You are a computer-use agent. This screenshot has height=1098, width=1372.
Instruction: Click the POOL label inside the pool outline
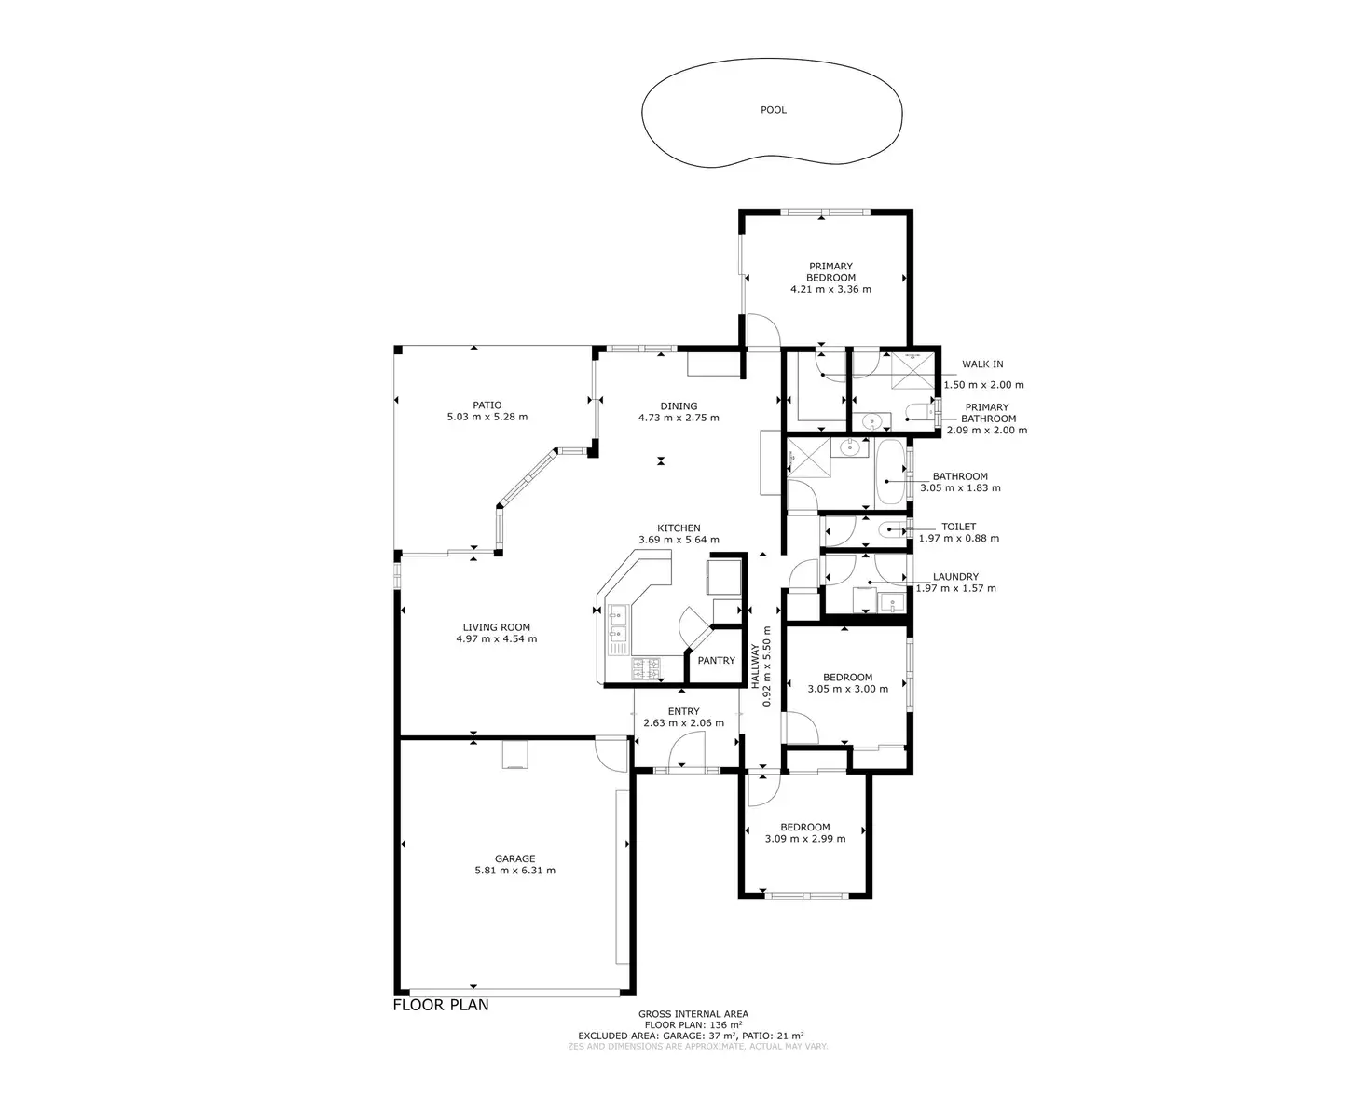[774, 110]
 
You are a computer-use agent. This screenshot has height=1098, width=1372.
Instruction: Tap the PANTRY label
[716, 661]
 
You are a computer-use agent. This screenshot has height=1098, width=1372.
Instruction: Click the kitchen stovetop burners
[647, 667]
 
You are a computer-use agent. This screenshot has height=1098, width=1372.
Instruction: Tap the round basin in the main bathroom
[850, 448]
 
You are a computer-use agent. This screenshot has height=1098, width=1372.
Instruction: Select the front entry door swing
[688, 748]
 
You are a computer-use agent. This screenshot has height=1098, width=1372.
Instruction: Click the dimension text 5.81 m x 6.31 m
[514, 871]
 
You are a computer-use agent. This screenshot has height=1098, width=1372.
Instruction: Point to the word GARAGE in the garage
[514, 859]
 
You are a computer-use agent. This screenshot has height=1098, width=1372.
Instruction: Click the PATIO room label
[487, 405]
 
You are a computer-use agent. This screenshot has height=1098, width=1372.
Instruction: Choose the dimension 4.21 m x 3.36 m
[830, 289]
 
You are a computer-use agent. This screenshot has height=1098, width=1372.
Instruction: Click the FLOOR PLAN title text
[441, 1005]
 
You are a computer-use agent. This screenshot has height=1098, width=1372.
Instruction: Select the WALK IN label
[982, 364]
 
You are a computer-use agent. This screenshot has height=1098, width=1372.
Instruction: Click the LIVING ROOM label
[496, 627]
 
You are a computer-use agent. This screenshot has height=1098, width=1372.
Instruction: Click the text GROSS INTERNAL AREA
[693, 1014]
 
